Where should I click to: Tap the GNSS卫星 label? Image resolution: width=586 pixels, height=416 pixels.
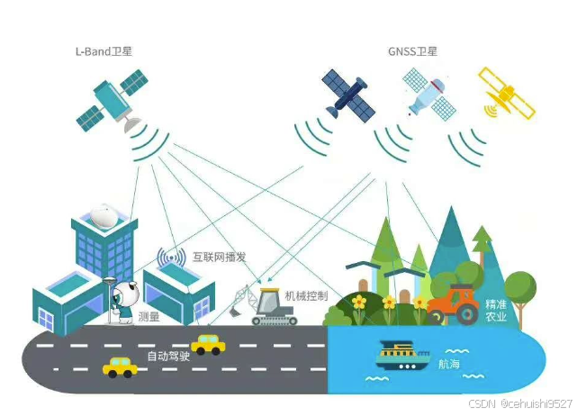(411, 52)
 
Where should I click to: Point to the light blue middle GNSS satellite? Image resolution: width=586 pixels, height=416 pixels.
(428, 94)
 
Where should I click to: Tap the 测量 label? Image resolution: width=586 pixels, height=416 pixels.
(149, 316)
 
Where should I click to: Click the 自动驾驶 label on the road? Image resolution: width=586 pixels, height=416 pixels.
(167, 357)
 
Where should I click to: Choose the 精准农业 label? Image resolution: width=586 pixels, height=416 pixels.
(496, 310)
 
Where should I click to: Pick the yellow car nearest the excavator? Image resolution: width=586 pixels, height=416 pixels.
(208, 344)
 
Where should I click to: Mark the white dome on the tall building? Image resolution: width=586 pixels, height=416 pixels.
(107, 215)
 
